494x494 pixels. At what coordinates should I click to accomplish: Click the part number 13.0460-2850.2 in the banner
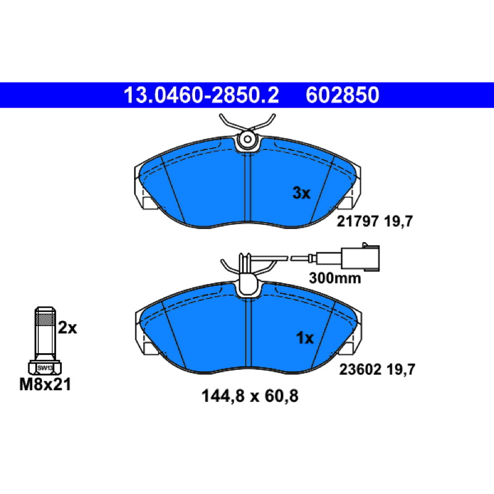201,95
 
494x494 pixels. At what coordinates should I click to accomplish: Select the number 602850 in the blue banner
342,95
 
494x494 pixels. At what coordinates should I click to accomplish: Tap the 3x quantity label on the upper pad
301,193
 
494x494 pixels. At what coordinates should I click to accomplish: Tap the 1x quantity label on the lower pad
304,338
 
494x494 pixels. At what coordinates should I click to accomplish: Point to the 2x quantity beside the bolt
67,328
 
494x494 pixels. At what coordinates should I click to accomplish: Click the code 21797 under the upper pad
358,222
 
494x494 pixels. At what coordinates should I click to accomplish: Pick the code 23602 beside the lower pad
360,369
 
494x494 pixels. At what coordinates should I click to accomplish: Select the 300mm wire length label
335,278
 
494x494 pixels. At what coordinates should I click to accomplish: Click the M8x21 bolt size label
45,384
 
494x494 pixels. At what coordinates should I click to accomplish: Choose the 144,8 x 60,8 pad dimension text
250,396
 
